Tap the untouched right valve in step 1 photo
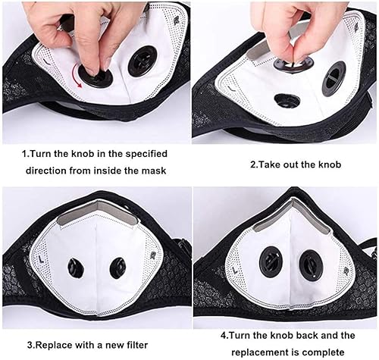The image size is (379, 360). click(x=142, y=61)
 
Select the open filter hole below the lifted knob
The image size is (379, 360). click(x=287, y=99)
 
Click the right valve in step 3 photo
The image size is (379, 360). click(x=117, y=268)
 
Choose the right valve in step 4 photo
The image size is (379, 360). click(x=311, y=265)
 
